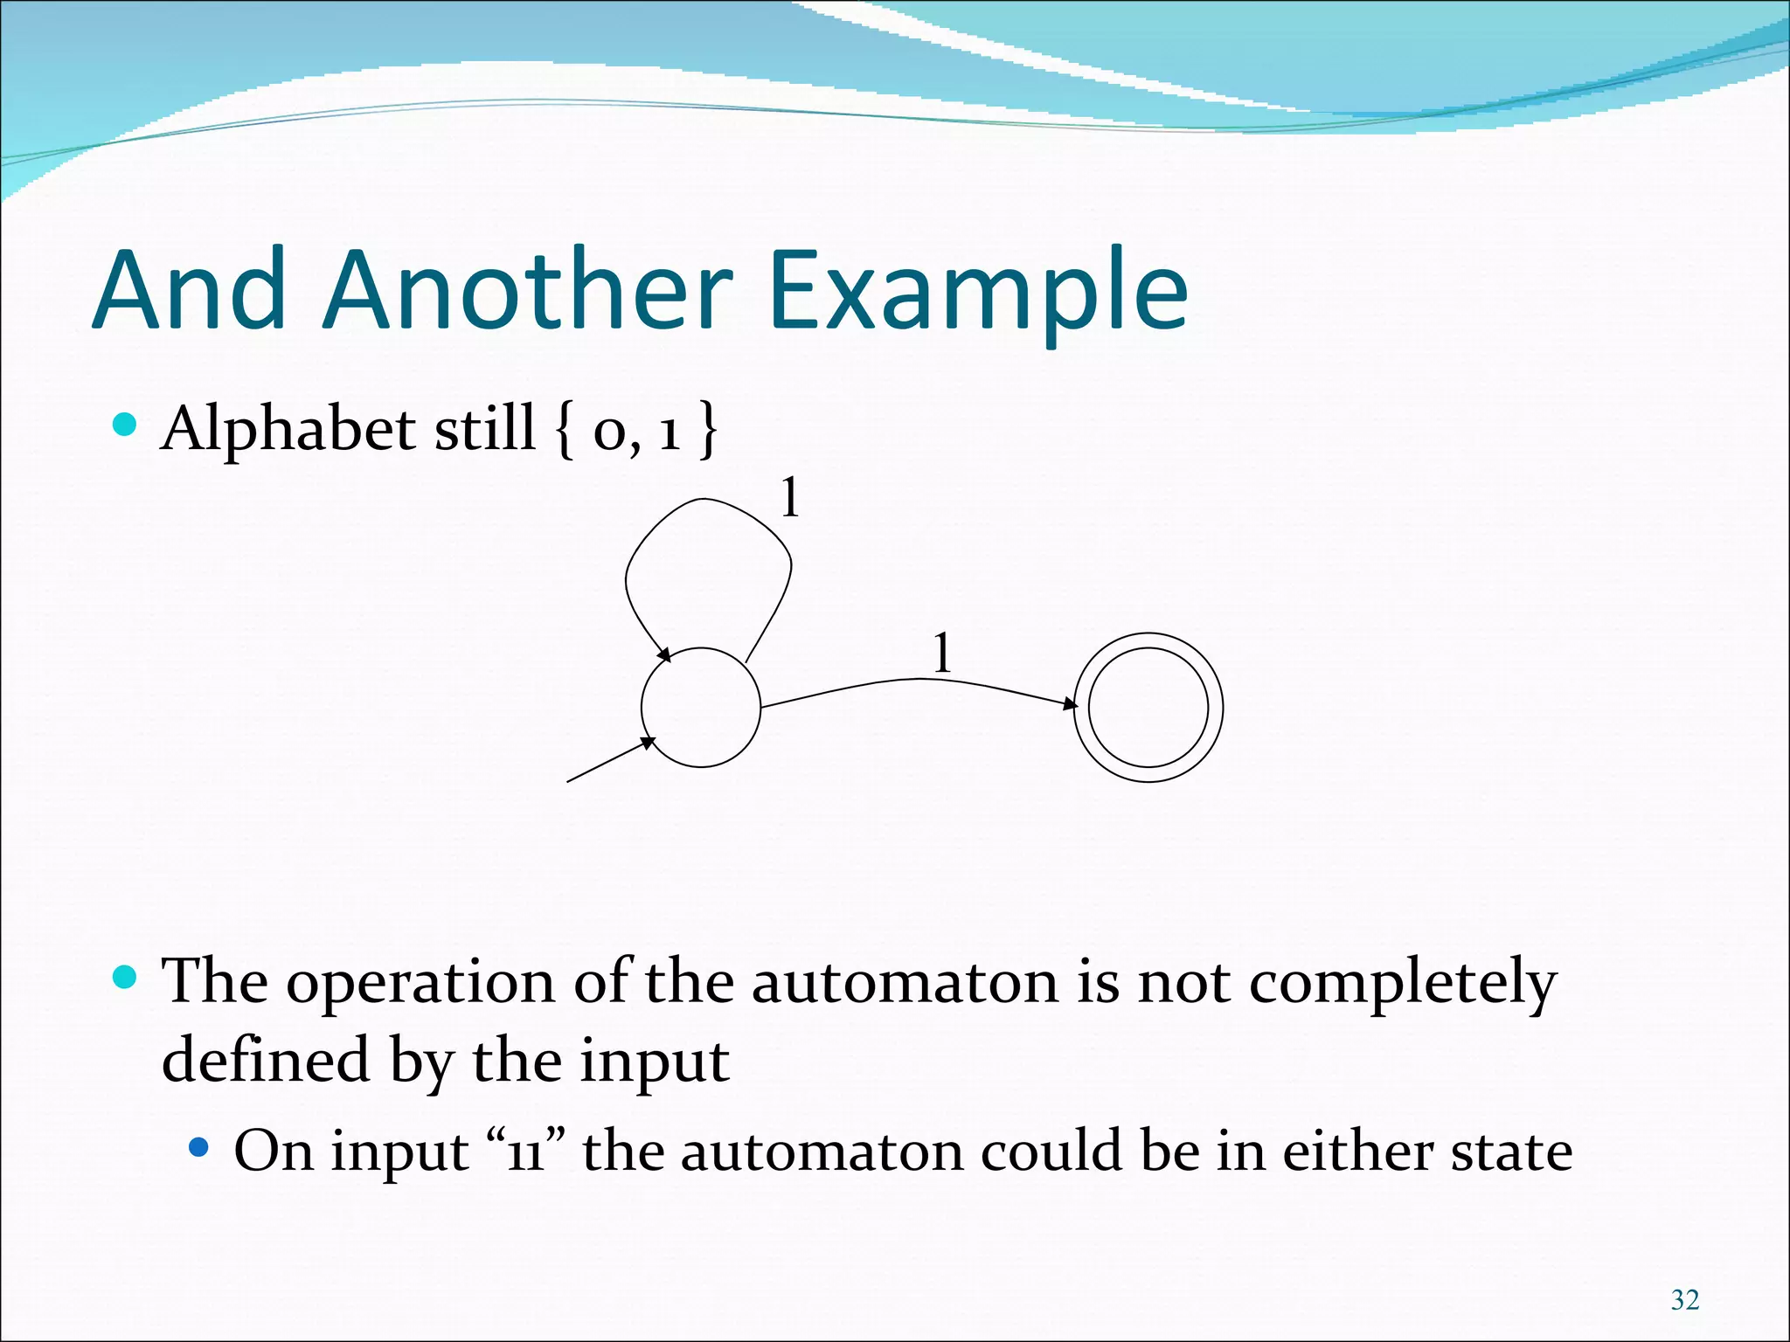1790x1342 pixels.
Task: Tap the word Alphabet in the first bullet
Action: tap(288, 429)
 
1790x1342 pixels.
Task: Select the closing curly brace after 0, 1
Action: tap(708, 429)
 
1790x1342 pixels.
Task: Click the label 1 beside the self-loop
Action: tap(789, 498)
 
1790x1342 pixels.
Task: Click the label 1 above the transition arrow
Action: tap(941, 653)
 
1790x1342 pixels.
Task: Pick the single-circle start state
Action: tap(701, 708)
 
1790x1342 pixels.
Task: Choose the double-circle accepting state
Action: tap(1148, 708)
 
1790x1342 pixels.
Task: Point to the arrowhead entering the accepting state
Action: tap(1070, 703)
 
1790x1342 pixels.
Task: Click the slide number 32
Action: tap(1684, 1300)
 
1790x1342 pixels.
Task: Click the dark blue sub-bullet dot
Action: tap(199, 1146)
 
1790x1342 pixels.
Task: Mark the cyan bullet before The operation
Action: tap(126, 977)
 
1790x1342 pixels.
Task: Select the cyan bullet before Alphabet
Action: tap(126, 425)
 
